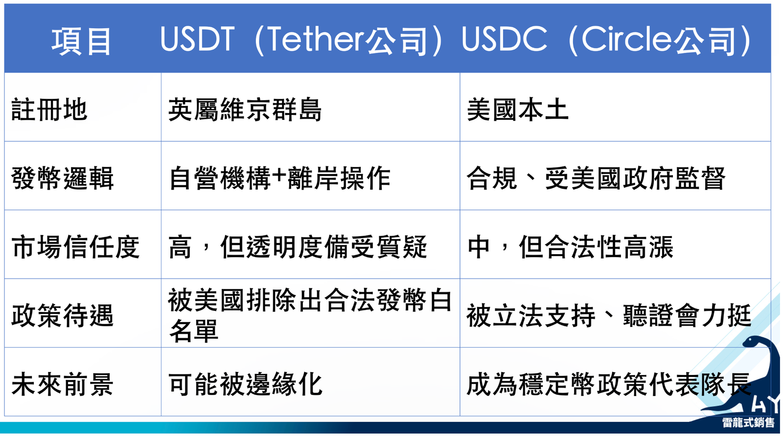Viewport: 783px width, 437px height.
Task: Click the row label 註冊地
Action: click(49, 109)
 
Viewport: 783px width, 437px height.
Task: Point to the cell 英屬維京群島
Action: click(245, 109)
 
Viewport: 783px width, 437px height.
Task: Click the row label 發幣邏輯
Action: click(62, 178)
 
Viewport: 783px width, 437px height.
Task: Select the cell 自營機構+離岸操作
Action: click(279, 178)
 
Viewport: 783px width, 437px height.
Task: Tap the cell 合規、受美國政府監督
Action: click(597, 178)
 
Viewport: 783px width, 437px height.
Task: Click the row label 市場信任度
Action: click(75, 247)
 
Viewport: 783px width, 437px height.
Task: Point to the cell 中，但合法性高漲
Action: click(570, 247)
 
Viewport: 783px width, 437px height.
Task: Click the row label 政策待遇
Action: click(62, 315)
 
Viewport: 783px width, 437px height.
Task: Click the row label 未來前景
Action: click(62, 384)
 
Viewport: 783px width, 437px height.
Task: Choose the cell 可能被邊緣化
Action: click(245, 384)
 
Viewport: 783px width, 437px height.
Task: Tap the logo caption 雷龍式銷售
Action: click(749, 423)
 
